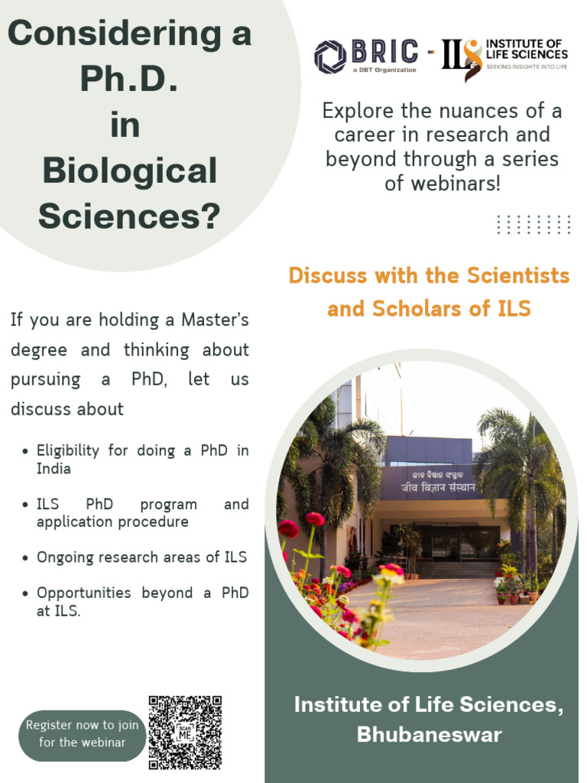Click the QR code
[185, 732]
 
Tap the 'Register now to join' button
[83, 733]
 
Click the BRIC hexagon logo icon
[331, 56]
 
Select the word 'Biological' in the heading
[129, 171]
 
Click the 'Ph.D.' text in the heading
[129, 80]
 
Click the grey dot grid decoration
[533, 224]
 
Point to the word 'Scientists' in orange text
[520, 275]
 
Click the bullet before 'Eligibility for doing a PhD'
[27, 451]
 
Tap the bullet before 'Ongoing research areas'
[27, 558]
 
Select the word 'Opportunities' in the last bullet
[84, 593]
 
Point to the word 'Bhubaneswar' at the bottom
[429, 735]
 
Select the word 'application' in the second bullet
[74, 522]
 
